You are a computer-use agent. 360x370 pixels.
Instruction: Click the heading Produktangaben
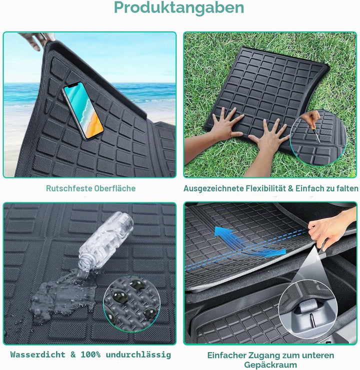pyautogui.click(x=179, y=8)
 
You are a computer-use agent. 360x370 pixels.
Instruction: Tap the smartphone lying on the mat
pyautogui.click(x=82, y=110)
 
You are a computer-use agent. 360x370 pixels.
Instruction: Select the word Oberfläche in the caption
pyautogui.click(x=115, y=188)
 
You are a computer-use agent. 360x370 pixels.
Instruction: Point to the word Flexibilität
pyautogui.click(x=266, y=188)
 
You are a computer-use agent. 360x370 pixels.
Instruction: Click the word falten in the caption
pyautogui.click(x=347, y=188)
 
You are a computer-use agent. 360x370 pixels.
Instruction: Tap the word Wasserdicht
pyautogui.click(x=37, y=354)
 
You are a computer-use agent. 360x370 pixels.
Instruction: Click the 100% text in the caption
pyautogui.click(x=90, y=354)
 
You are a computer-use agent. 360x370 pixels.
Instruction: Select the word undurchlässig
pyautogui.click(x=138, y=354)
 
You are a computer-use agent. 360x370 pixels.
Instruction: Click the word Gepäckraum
pyautogui.click(x=270, y=365)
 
